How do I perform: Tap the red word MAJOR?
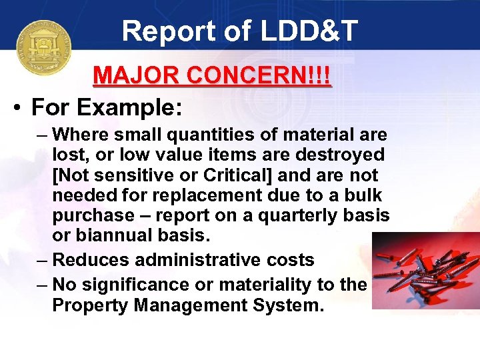137,75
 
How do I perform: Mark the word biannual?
111,236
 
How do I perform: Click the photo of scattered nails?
425,270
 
